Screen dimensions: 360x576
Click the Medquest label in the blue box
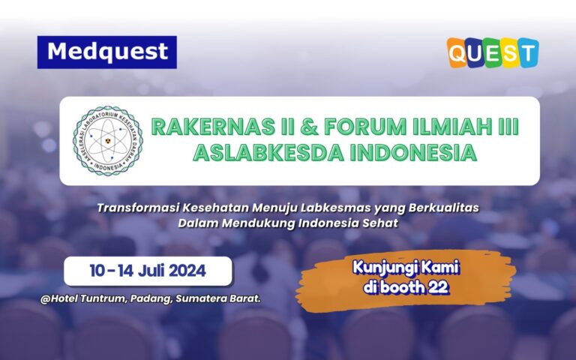click(106, 52)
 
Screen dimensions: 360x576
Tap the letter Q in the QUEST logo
click(459, 52)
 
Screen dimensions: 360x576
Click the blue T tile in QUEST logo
click(527, 52)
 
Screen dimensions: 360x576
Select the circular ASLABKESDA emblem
click(107, 141)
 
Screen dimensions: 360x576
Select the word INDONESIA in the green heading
click(410, 153)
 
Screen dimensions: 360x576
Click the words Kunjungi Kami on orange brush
click(405, 268)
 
